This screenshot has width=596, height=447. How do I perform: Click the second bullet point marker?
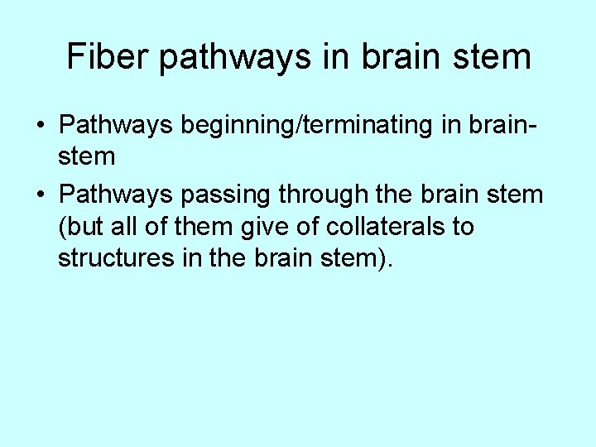click(x=40, y=195)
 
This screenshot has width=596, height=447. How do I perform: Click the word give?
click(x=260, y=227)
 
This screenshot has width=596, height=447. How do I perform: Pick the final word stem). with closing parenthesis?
click(x=358, y=258)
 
